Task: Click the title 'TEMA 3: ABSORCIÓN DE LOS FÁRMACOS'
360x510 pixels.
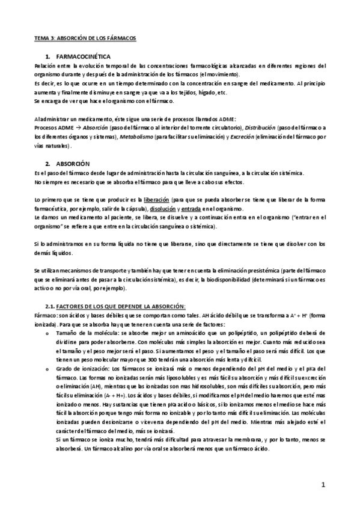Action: (x=85, y=37)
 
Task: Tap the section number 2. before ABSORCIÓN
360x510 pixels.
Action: (x=47, y=164)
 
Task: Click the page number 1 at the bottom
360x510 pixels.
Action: (x=323, y=485)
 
